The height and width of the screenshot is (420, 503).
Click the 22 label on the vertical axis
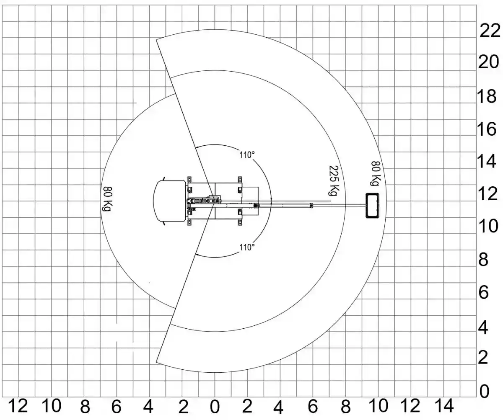pyautogui.click(x=490, y=31)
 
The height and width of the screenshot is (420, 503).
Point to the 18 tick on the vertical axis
pyautogui.click(x=487, y=97)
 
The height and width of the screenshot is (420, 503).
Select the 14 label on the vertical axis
pyautogui.click(x=487, y=161)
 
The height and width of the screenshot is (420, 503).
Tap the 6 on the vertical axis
pyautogui.click(x=483, y=293)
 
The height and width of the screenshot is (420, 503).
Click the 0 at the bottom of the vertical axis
pyautogui.click(x=484, y=392)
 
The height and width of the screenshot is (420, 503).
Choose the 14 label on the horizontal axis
pyautogui.click(x=444, y=406)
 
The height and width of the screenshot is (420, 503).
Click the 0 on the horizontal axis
pyautogui.click(x=215, y=407)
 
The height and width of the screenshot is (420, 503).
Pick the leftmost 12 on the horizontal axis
pyautogui.click(x=18, y=406)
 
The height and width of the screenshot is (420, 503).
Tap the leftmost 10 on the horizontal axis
pyautogui.click(x=52, y=406)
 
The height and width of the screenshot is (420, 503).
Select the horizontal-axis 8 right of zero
pyautogui.click(x=346, y=407)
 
